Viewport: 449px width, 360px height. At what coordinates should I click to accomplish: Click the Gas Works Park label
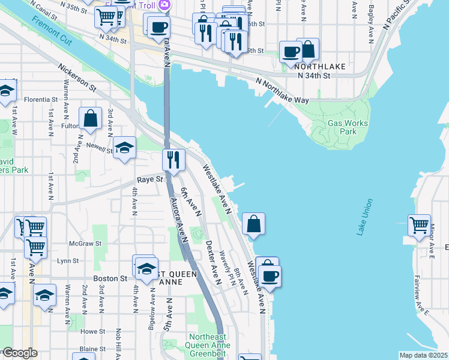[x=348, y=127]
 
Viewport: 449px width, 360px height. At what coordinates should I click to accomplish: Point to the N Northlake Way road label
[x=282, y=91]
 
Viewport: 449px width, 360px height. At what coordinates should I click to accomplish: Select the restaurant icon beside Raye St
[x=173, y=160]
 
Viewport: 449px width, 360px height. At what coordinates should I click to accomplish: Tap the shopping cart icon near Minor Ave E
[x=420, y=226]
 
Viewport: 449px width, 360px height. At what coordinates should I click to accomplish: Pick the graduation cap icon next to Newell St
[x=124, y=148]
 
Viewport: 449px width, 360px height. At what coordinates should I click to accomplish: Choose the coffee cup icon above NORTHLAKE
[x=291, y=52]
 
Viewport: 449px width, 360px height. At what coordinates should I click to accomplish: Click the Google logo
[x=19, y=353]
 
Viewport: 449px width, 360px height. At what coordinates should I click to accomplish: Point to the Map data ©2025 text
[x=423, y=355]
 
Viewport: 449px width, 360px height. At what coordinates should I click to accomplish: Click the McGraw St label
[x=82, y=244]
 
